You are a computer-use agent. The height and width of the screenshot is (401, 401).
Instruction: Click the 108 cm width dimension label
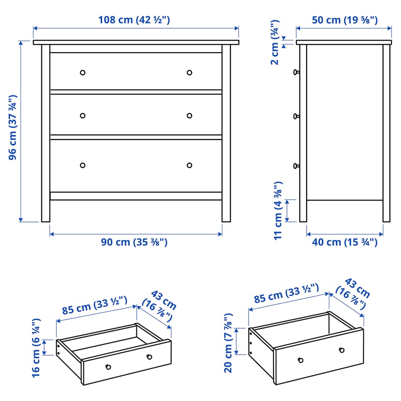[x=134, y=20]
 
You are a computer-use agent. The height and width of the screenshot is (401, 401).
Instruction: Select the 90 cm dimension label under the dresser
[x=134, y=242]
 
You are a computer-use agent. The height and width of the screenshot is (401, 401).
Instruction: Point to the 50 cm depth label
[x=344, y=20]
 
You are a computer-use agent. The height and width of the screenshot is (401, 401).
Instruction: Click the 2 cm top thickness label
[x=275, y=42]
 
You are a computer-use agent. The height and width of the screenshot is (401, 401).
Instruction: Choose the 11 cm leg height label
[x=278, y=210]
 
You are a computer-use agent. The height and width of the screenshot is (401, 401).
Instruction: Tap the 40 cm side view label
[x=344, y=242]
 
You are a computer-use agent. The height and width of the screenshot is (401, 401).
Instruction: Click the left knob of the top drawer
[x=82, y=73]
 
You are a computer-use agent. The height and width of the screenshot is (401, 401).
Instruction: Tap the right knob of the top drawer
[x=189, y=73]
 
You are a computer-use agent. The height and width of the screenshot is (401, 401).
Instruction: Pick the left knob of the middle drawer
[x=82, y=116]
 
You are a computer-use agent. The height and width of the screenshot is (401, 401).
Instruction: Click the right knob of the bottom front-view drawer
[x=189, y=165]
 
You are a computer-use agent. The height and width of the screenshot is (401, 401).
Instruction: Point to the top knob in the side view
[x=296, y=72]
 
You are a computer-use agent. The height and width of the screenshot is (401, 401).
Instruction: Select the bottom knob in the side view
[x=296, y=166]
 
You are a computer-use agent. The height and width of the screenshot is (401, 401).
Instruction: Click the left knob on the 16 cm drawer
[x=107, y=367]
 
